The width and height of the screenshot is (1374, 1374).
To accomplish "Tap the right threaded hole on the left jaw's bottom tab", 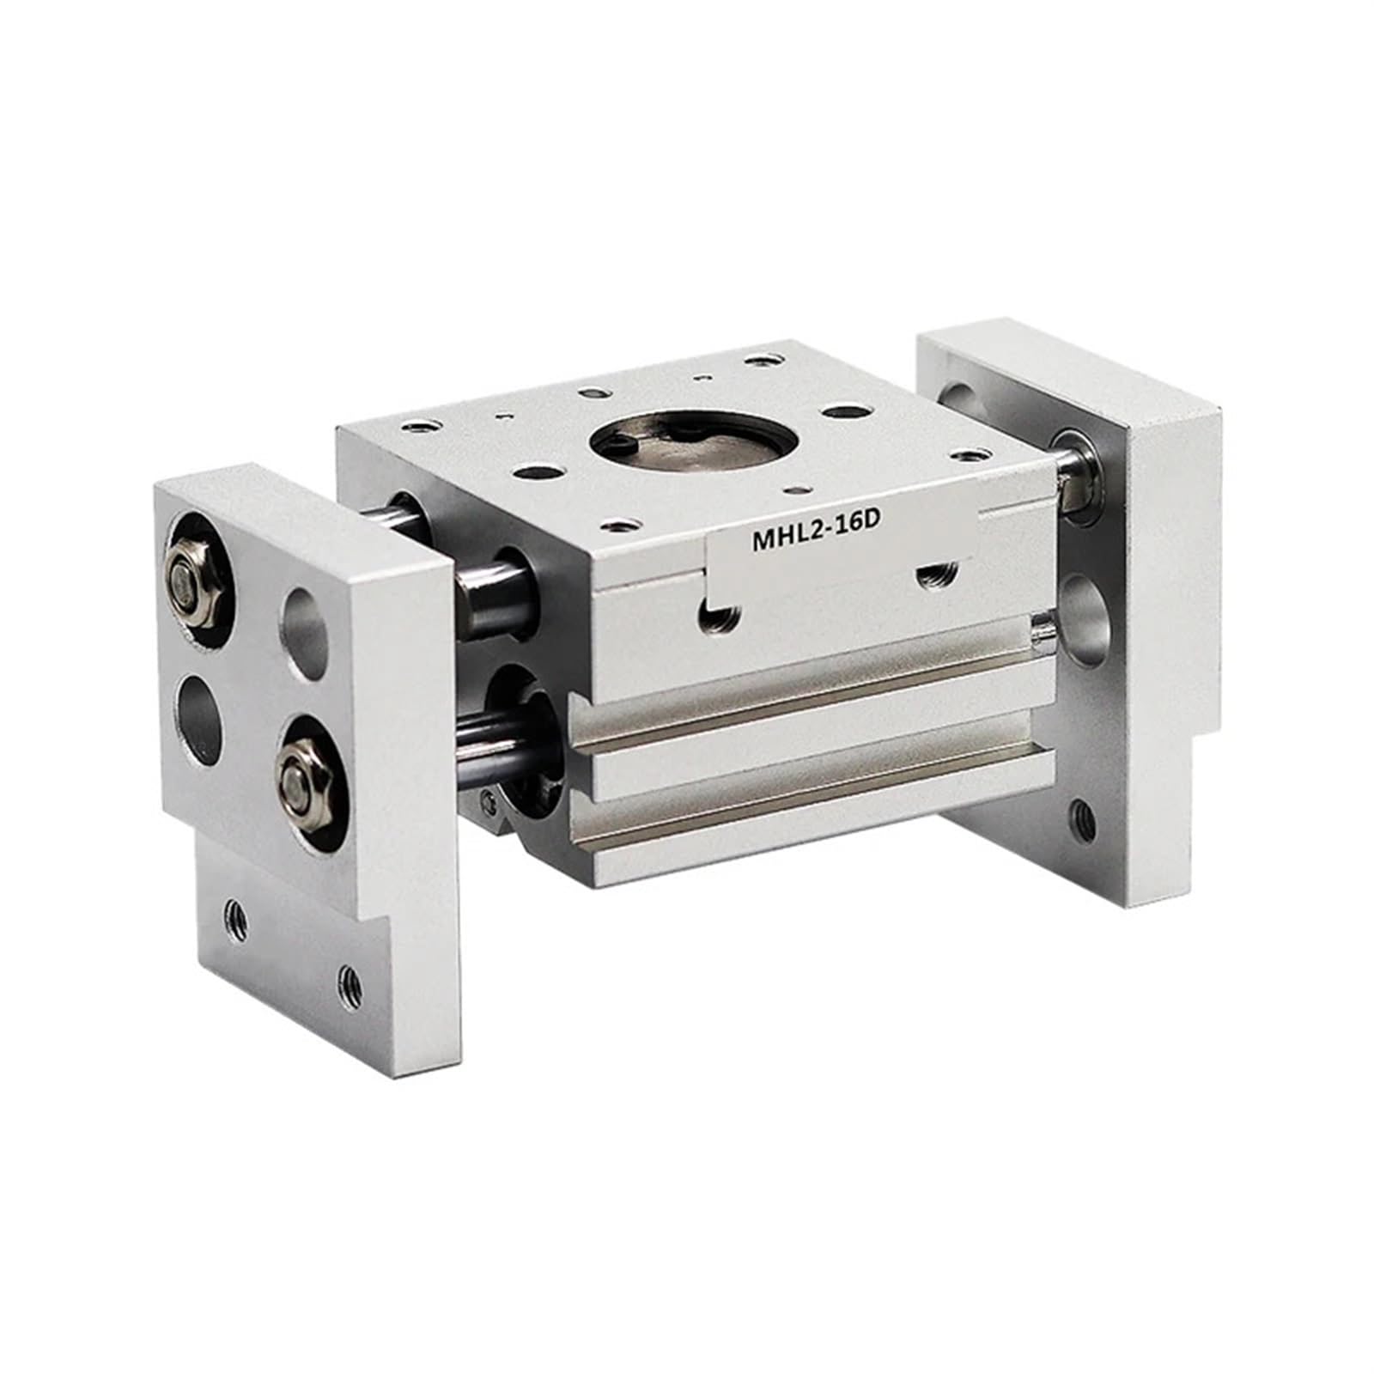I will [x=347, y=976].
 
